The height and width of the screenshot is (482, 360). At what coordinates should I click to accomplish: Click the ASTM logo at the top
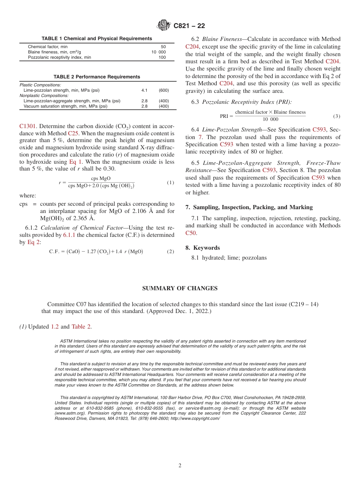tap(164, 26)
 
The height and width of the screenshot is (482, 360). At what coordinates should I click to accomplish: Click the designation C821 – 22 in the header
tap(189, 26)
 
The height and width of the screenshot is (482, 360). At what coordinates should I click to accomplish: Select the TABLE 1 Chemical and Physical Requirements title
tap(97, 39)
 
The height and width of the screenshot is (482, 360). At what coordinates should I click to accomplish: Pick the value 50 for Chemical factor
tap(163, 47)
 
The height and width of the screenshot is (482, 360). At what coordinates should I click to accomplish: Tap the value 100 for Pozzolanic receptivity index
tap(162, 57)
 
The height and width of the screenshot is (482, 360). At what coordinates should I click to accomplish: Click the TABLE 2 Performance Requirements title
tap(97, 77)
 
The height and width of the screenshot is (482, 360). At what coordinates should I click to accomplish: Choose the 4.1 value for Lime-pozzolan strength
tap(144, 91)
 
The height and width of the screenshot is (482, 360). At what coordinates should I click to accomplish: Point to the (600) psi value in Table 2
tap(164, 91)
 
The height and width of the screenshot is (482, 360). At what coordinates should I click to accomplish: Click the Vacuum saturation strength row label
tap(65, 106)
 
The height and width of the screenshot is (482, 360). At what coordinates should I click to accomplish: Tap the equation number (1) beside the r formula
tap(171, 183)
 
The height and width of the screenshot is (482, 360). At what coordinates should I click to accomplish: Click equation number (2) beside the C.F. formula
tap(171, 252)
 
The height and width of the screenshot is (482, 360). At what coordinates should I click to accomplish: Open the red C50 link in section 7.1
tap(191, 233)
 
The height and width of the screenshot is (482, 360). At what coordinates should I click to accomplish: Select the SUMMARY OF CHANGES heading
tap(180, 288)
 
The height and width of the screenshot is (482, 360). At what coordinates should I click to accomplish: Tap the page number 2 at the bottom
tap(180, 466)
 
